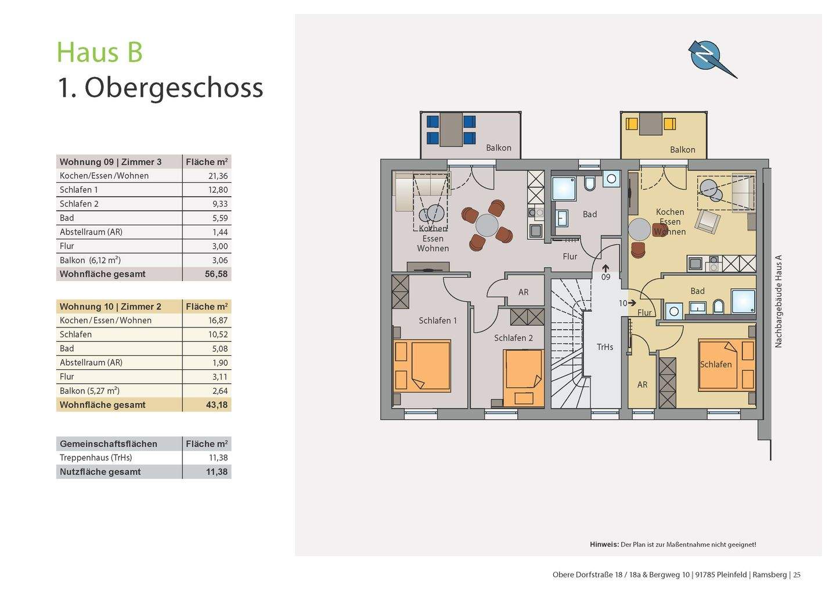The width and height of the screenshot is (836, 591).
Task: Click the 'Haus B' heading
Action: pyautogui.click(x=100, y=52)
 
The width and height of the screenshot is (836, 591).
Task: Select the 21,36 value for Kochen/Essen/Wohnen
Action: pyautogui.click(x=218, y=176)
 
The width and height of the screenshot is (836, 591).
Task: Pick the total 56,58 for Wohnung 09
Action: pyautogui.click(x=216, y=274)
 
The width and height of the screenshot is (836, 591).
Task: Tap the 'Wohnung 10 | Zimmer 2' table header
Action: pyautogui.click(x=110, y=307)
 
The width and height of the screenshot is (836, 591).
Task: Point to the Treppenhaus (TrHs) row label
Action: pyautogui.click(x=96, y=457)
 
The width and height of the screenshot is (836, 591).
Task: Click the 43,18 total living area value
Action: pyautogui.click(x=217, y=405)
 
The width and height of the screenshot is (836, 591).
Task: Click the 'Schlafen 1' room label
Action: pyautogui.click(x=437, y=320)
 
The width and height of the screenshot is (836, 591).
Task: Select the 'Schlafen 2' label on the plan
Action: pyautogui.click(x=513, y=338)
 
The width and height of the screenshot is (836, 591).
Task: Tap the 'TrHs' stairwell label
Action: pyautogui.click(x=604, y=347)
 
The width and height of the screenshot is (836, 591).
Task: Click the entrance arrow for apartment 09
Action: pyautogui.click(x=606, y=268)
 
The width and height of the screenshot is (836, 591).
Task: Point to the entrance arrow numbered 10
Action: pyautogui.click(x=632, y=303)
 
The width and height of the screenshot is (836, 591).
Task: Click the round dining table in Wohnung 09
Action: pyautogui.click(x=487, y=225)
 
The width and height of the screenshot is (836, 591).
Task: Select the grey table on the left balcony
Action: pyautogui.click(x=451, y=130)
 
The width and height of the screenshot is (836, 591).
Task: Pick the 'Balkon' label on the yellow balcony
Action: pyautogui.click(x=682, y=150)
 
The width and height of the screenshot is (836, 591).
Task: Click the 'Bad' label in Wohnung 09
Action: pyautogui.click(x=590, y=214)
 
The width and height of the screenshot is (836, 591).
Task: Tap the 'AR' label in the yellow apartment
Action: pyautogui.click(x=642, y=385)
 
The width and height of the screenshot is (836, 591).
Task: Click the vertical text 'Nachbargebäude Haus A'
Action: pyautogui.click(x=778, y=301)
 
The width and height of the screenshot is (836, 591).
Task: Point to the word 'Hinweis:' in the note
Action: pyautogui.click(x=604, y=545)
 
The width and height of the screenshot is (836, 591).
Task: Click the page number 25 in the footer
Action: pyautogui.click(x=797, y=575)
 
